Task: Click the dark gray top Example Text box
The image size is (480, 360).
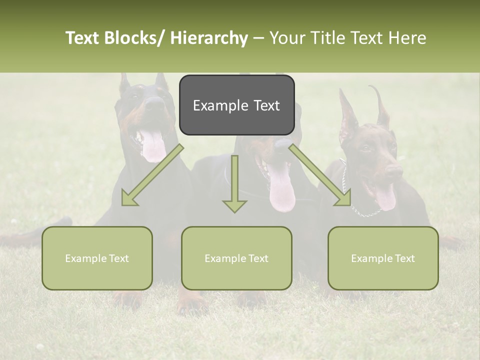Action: pyautogui.click(x=236, y=105)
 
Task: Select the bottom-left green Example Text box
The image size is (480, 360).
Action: pyautogui.click(x=97, y=258)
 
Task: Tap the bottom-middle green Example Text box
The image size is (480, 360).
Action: pyautogui.click(x=236, y=258)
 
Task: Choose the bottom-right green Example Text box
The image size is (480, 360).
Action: pyautogui.click(x=383, y=258)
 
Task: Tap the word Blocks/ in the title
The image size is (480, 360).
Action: pyautogui.click(x=134, y=38)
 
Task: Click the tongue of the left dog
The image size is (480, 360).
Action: pyautogui.click(x=152, y=146)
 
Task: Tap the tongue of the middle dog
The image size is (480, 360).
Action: pyautogui.click(x=282, y=192)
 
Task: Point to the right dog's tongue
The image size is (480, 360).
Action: pyautogui.click(x=385, y=197)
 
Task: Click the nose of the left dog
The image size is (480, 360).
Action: pyautogui.click(x=155, y=103)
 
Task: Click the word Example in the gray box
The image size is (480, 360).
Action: pyautogui.click(x=214, y=105)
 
